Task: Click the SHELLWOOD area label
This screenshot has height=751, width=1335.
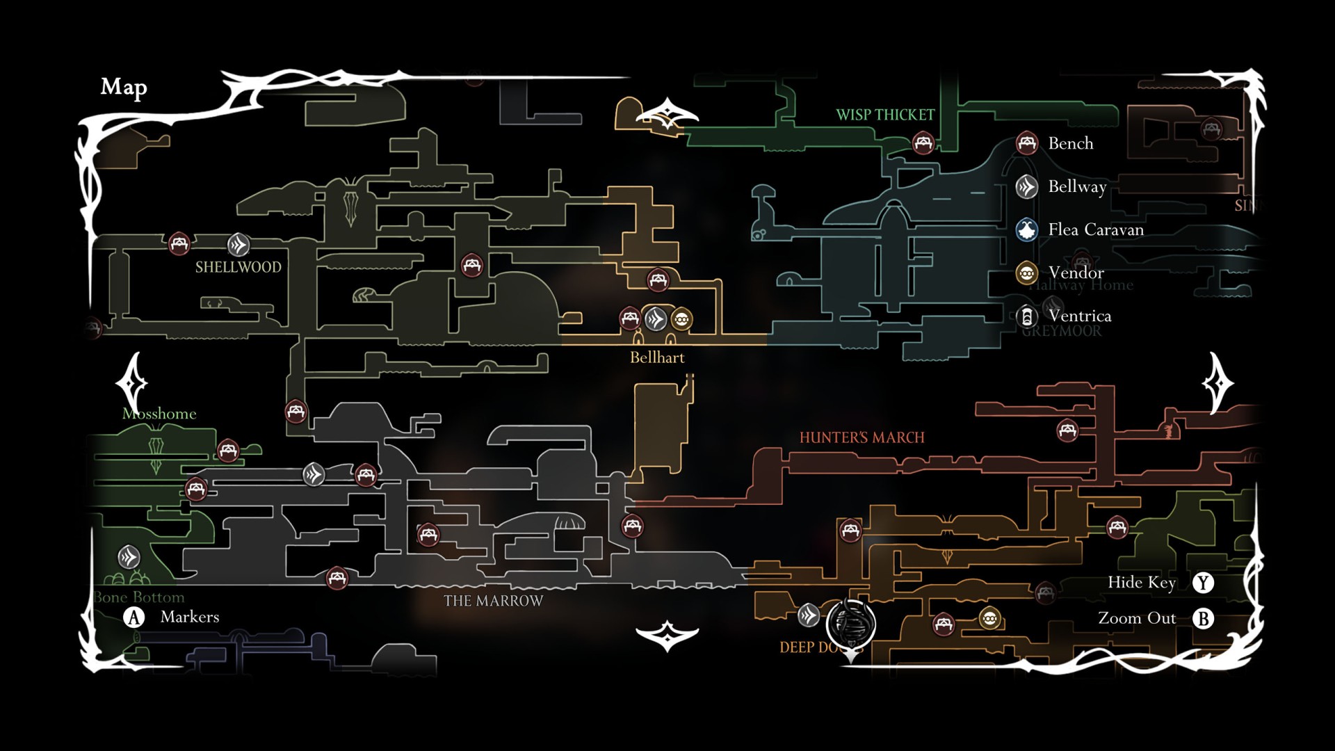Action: (x=238, y=267)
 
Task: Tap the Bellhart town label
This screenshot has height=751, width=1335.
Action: (x=657, y=357)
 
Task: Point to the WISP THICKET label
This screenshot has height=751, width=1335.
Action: (x=885, y=115)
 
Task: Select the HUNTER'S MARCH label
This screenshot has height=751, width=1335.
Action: (x=861, y=437)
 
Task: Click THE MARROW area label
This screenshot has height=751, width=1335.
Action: (x=493, y=601)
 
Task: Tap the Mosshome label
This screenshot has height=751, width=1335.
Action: (x=159, y=414)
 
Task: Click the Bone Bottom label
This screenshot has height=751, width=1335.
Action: (x=140, y=597)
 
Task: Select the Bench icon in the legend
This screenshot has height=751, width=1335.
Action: (x=1027, y=143)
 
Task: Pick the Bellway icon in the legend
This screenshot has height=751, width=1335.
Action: (x=1027, y=186)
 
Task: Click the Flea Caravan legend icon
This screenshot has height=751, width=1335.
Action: (x=1027, y=229)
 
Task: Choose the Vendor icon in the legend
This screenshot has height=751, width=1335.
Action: (x=1027, y=273)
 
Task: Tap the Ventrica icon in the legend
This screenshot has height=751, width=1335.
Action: (x=1027, y=316)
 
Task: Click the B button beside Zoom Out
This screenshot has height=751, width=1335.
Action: (x=1203, y=618)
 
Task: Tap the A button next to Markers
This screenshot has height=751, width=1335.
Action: (x=134, y=617)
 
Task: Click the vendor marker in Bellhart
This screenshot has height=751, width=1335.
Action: (x=681, y=319)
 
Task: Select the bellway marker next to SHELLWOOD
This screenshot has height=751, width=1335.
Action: (x=238, y=245)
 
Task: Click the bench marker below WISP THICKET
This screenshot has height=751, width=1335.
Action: (x=923, y=143)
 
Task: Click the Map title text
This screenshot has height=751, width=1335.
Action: (x=124, y=87)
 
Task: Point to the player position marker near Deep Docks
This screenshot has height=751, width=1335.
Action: (x=850, y=623)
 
